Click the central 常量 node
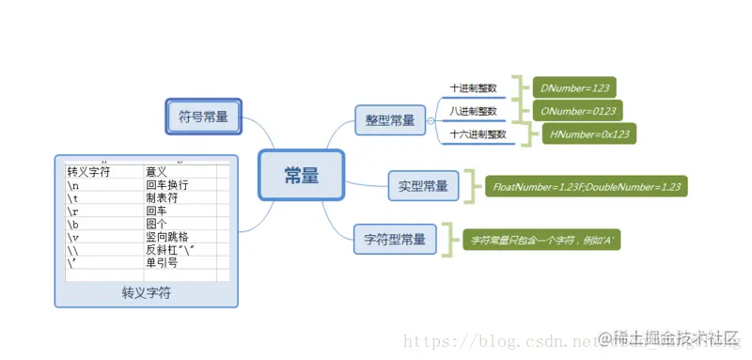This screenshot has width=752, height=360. tap(302, 175)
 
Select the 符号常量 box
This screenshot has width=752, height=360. tap(204, 117)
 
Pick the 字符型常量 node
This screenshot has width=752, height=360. tap(394, 239)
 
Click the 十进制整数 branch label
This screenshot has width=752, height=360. tap(473, 88)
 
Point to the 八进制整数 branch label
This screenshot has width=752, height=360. tap(473, 112)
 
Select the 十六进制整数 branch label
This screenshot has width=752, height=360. tap(478, 134)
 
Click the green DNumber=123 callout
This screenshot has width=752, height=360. tap(574, 88)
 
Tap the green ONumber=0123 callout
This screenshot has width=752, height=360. tap(577, 112)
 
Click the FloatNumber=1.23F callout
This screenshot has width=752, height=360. tap(587, 186)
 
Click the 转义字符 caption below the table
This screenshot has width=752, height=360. tap(147, 293)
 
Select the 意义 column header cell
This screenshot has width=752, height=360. tap(157, 172)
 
